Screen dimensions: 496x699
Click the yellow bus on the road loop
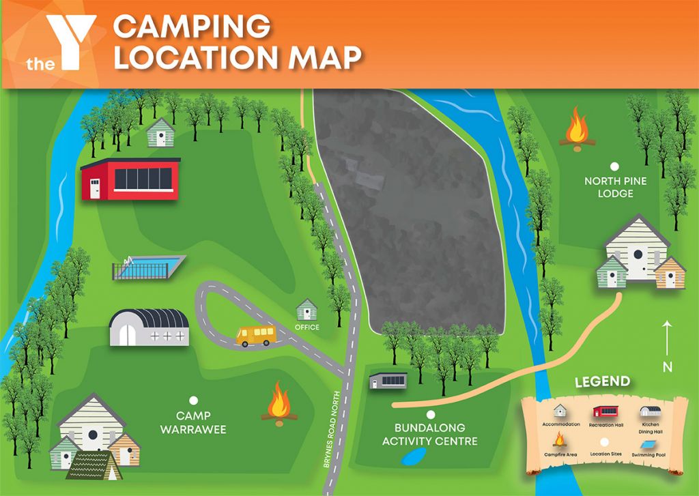point(256,335)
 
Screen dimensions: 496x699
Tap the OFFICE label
point(308,327)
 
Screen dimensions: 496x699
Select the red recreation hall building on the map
point(130,179)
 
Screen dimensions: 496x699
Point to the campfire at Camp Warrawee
point(279,403)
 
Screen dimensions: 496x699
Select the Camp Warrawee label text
point(193,422)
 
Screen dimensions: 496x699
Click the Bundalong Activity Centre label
point(430,434)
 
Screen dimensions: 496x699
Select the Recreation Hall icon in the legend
point(606,411)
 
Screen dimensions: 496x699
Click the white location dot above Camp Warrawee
point(193,402)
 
